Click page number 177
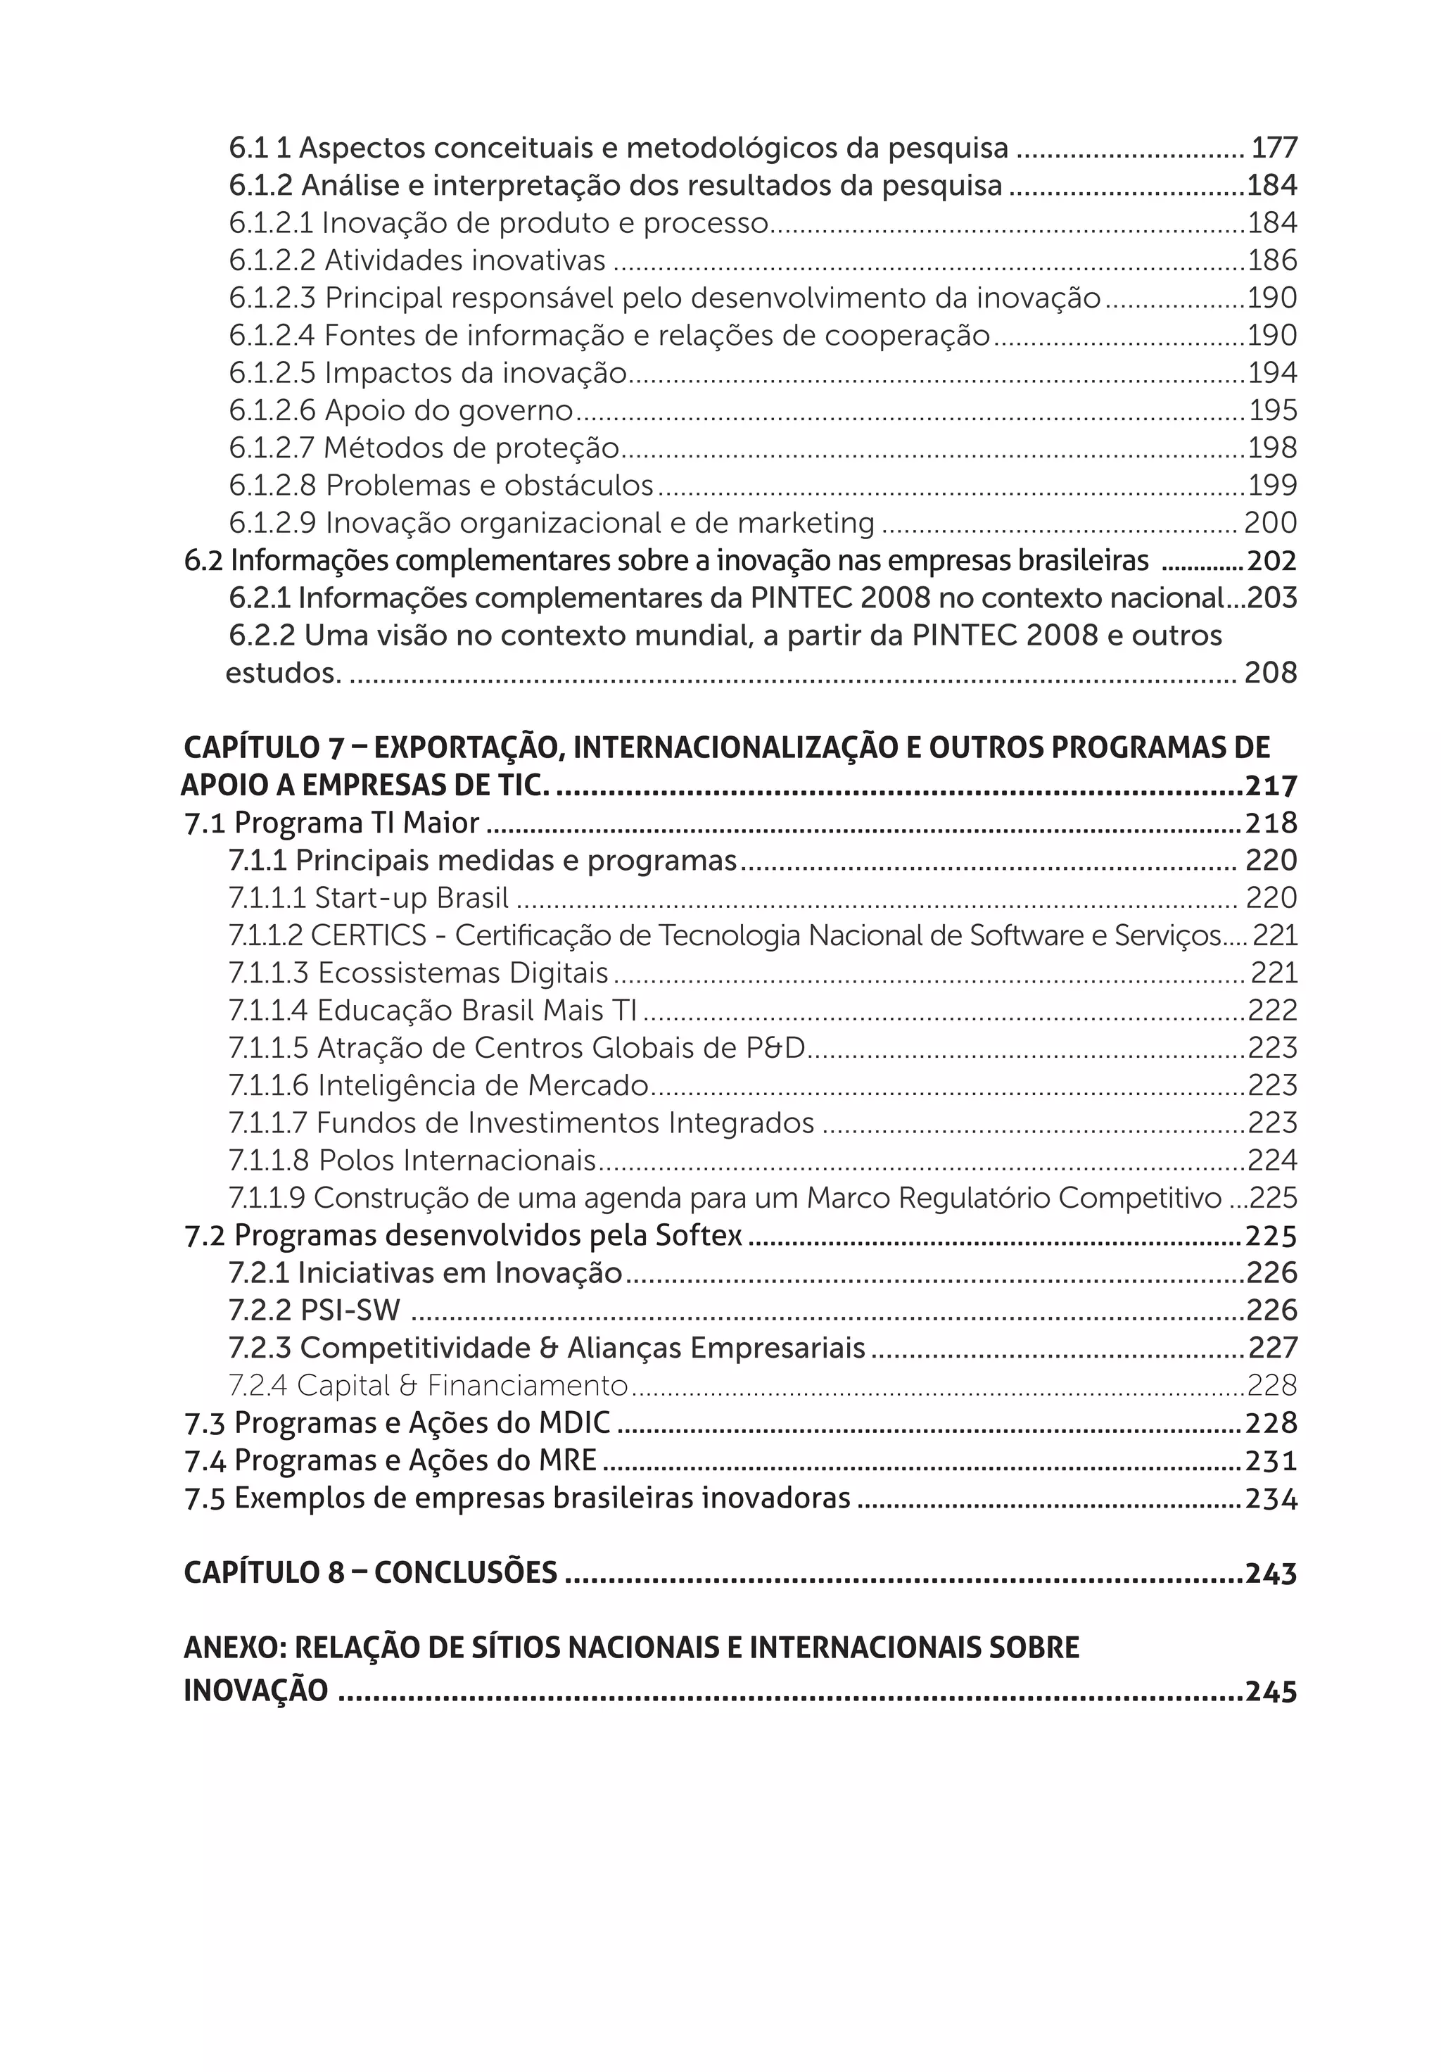tap(1273, 147)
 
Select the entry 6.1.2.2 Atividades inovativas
tap(416, 261)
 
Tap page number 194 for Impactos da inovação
tap(1271, 373)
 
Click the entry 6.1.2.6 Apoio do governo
tap(400, 410)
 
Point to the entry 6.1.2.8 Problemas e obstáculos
tap(440, 486)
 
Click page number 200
tap(1269, 524)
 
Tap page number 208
tap(1269, 674)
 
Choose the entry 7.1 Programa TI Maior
tap(331, 823)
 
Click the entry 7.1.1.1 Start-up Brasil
tap(368, 898)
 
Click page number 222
tap(1271, 1011)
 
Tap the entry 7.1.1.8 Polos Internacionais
tap(412, 1161)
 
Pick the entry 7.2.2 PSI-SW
tap(314, 1310)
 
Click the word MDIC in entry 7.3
tap(574, 1424)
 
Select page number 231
tap(1271, 1461)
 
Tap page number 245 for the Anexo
tap(1271, 1691)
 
